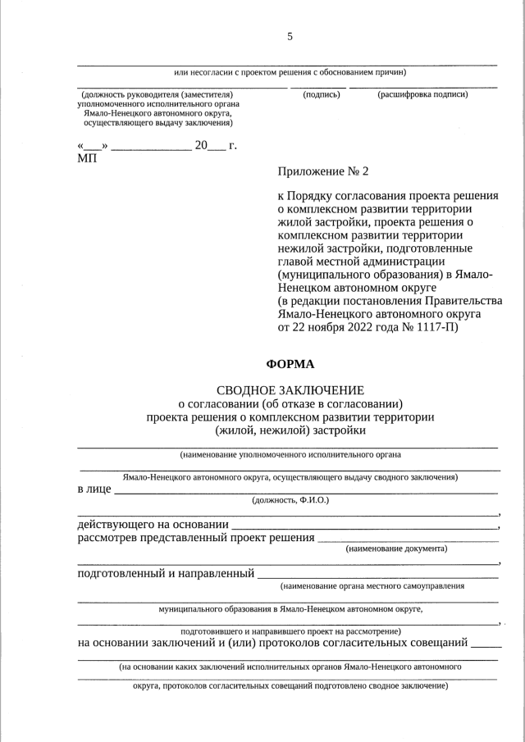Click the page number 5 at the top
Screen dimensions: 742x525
coord(290,36)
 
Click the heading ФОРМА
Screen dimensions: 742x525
coord(290,364)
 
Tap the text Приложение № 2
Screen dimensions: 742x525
coord(324,171)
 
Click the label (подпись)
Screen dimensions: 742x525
coord(322,94)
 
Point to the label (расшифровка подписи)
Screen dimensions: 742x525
coord(422,94)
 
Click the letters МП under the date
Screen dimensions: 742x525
coord(86,157)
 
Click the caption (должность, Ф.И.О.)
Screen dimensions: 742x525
coord(290,499)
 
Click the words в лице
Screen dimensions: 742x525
coord(94,489)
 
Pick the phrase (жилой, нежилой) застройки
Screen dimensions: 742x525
coord(290,430)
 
